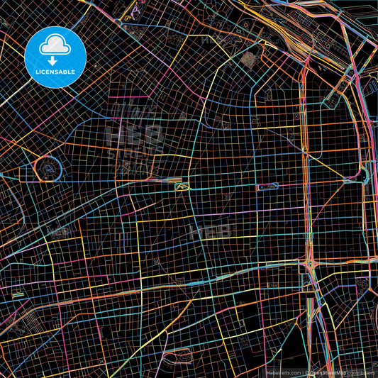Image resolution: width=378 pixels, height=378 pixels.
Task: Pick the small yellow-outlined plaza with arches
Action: (183, 186)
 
